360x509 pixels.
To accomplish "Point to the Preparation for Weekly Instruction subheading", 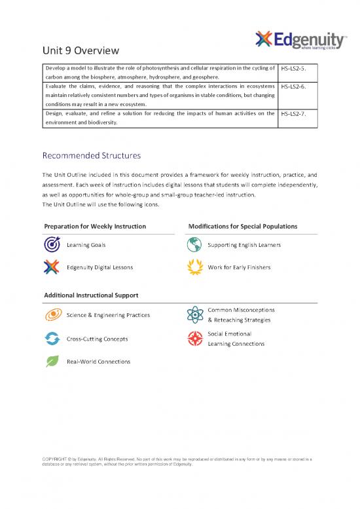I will tap(95, 226).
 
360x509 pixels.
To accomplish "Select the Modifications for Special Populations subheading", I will tap(242, 226).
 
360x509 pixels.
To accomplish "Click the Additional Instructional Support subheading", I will tap(91, 295).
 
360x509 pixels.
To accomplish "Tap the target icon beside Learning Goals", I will tap(52, 244).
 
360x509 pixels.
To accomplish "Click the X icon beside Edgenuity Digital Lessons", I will tap(52, 267).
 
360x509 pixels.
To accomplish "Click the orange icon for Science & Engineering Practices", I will tap(52, 315).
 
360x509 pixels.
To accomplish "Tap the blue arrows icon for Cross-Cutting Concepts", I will tap(52, 339).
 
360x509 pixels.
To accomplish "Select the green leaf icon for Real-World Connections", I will tap(52, 361).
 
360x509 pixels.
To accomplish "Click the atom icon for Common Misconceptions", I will tap(194, 314).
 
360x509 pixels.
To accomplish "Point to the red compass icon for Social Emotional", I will tap(194, 338).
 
